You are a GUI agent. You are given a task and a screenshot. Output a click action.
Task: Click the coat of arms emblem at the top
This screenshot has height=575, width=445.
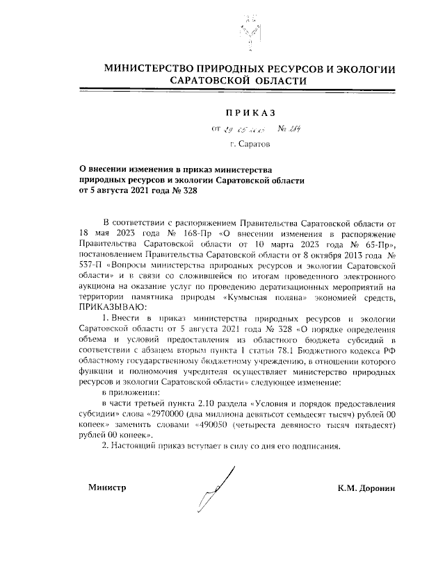point(248,28)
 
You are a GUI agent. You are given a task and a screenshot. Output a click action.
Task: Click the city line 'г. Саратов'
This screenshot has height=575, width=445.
point(250,144)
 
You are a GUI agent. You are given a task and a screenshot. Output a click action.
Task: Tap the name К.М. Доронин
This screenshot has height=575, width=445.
point(366,488)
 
